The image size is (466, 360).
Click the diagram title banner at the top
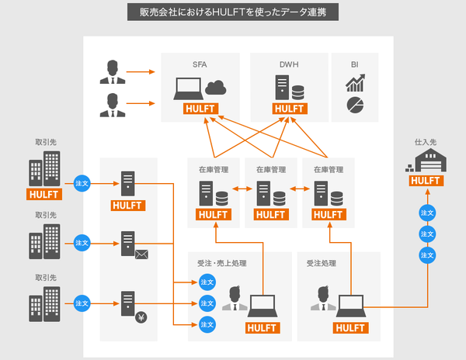[233, 12]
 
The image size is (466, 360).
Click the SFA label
[200, 64]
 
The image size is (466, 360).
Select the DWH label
[289, 64]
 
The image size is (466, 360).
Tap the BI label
[355, 64]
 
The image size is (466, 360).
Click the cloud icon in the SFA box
[215, 88]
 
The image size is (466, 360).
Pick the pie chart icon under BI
[355, 105]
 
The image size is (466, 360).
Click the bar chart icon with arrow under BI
[355, 83]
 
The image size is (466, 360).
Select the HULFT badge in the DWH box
[290, 109]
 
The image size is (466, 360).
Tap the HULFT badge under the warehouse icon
[426, 181]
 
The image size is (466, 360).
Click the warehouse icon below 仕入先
[426, 161]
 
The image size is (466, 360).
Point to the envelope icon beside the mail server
[141, 254]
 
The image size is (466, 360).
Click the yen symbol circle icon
[141, 317]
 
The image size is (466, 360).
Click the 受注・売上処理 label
[222, 263]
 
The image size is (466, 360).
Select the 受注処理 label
[322, 263]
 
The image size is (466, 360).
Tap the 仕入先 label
[426, 142]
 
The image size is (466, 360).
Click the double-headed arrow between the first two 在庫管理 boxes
[242, 189]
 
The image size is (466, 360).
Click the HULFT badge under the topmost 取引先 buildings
[44, 195]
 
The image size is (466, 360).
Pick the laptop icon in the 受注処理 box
[351, 306]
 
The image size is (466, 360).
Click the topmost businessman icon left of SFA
[113, 72]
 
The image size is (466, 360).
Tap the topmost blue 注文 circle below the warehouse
[427, 213]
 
